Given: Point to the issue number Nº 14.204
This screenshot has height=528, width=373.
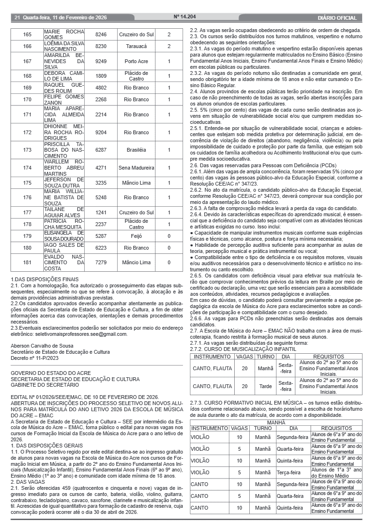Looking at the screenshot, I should click(184, 17).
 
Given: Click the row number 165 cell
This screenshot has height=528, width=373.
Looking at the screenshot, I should click(27, 35).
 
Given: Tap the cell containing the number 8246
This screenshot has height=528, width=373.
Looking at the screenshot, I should click(101, 35).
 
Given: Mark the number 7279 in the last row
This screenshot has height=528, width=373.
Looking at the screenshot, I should click(101, 262).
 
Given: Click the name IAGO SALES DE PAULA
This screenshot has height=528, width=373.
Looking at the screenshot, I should click(63, 248).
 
